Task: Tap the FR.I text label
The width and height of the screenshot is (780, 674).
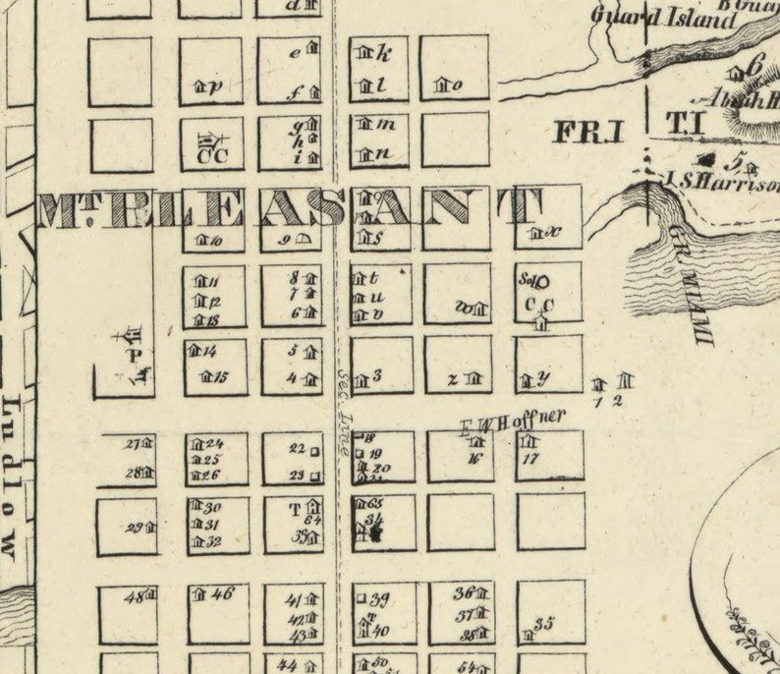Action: click(x=589, y=131)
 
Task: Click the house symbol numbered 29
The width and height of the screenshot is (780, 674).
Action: click(x=150, y=528)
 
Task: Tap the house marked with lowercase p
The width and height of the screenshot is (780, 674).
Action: click(x=199, y=86)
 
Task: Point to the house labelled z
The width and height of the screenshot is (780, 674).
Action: click(x=474, y=378)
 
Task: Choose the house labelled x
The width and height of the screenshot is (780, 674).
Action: click(x=535, y=233)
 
